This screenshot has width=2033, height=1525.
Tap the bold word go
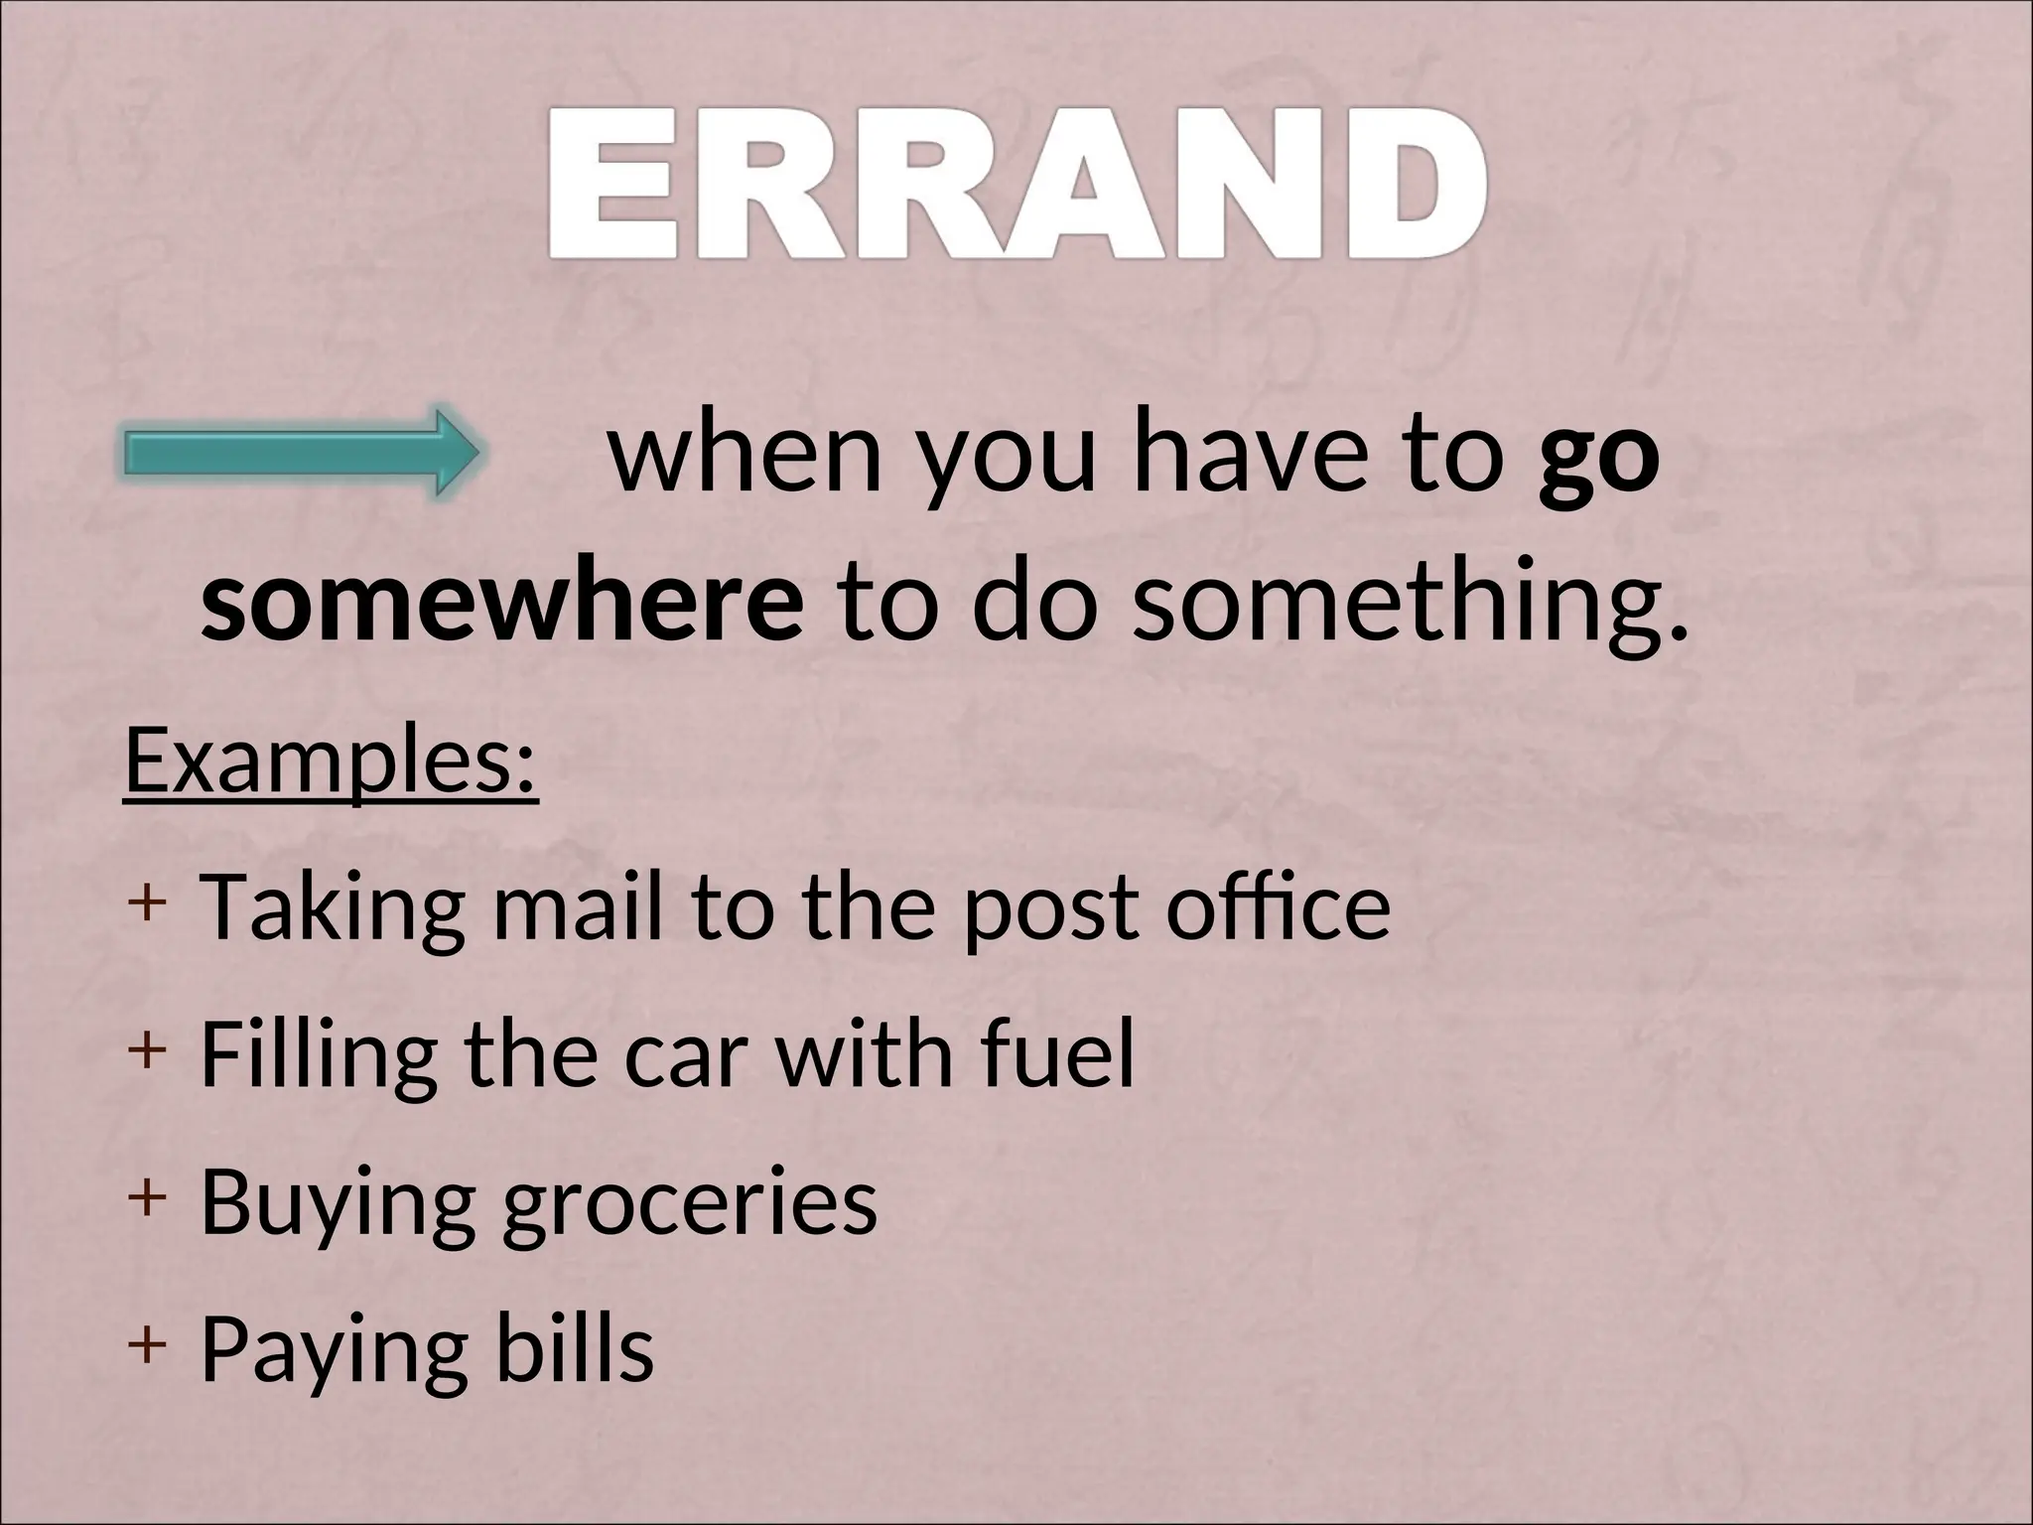[x=1598, y=458]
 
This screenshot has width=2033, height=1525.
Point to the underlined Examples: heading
[x=331, y=762]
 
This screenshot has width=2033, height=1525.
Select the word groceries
[x=690, y=1203]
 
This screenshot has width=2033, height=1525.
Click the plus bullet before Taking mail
[x=145, y=903]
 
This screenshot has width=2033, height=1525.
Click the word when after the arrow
[x=745, y=458]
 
